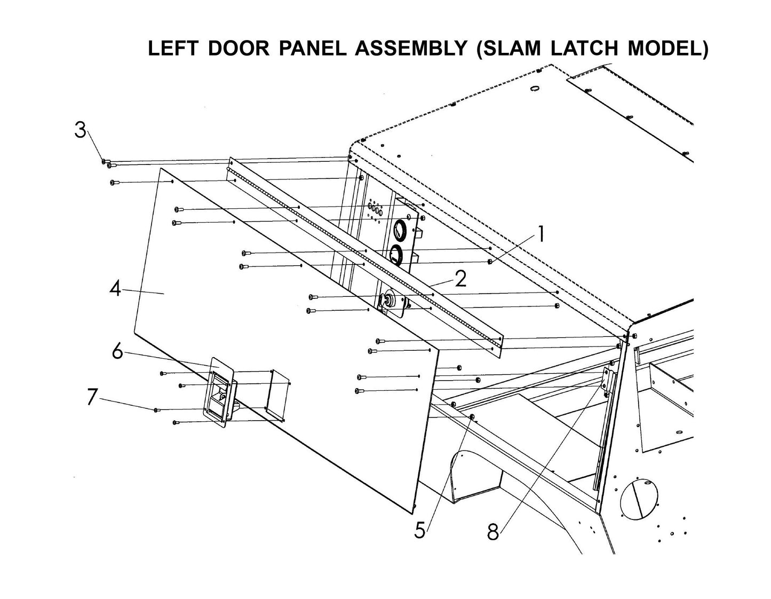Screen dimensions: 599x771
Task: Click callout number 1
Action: tap(541, 234)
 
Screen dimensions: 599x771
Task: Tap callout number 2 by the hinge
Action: tap(460, 278)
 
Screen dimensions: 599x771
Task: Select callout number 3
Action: tap(80, 130)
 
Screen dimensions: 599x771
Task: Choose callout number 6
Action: tap(118, 352)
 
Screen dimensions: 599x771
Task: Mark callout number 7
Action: tap(93, 397)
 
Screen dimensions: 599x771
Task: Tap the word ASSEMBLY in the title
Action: tap(408, 49)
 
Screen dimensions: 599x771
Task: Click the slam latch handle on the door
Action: tap(219, 392)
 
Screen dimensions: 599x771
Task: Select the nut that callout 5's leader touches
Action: tap(472, 416)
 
